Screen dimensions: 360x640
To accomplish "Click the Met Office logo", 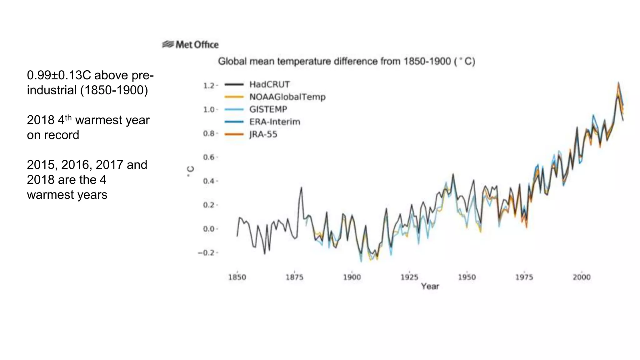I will pos(190,45).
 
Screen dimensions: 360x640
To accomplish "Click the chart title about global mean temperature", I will pos(346,61).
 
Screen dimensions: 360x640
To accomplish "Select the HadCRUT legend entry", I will pos(269,84).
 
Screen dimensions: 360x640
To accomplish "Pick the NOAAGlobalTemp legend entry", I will pos(287,97).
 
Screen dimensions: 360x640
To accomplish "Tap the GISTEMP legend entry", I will pos(268,109).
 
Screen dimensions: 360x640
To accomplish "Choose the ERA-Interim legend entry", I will pos(274,122).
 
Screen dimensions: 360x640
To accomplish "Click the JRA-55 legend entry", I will pos(263,134).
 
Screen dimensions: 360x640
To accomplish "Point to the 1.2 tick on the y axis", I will pos(209,86).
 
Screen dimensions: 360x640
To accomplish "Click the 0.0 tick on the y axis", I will pos(209,229).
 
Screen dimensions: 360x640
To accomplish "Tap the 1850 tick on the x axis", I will pos(237,277).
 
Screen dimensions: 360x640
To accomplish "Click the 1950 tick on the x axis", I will pos(467,277).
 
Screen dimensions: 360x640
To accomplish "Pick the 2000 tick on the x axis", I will pos(582,277).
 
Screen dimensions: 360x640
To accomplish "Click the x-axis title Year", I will pos(430,286).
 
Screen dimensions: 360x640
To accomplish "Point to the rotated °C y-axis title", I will pos(190,171).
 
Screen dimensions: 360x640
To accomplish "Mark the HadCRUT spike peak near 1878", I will pos(301,187).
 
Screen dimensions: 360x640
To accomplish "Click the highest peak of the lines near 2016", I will pos(618,83).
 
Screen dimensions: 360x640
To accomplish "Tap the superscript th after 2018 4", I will pos(68,117).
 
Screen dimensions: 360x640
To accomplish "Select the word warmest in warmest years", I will pos(47,195).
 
